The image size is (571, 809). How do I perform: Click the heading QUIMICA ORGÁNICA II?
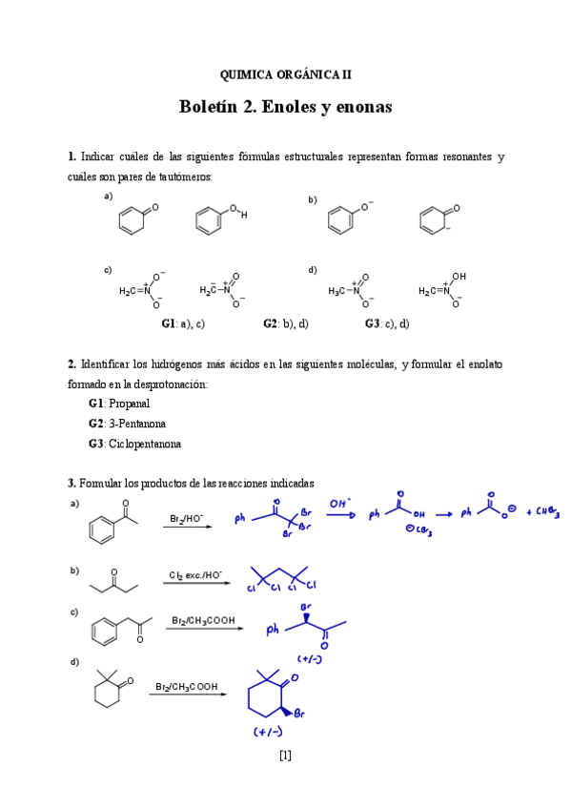coord(285,73)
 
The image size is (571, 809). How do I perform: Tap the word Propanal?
coord(129,404)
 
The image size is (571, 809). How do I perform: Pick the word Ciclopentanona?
coord(145,444)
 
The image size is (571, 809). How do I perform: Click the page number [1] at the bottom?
coord(285,756)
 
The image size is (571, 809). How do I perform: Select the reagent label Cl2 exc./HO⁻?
coord(195,574)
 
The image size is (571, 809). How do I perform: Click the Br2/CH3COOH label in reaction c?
coord(203,620)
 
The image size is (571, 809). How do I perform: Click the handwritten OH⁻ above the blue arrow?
coord(340,503)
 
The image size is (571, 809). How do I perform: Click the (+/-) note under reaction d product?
coord(267,733)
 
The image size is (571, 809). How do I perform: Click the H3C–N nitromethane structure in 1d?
coord(347,290)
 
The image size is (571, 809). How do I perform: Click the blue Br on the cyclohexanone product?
coord(299,713)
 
